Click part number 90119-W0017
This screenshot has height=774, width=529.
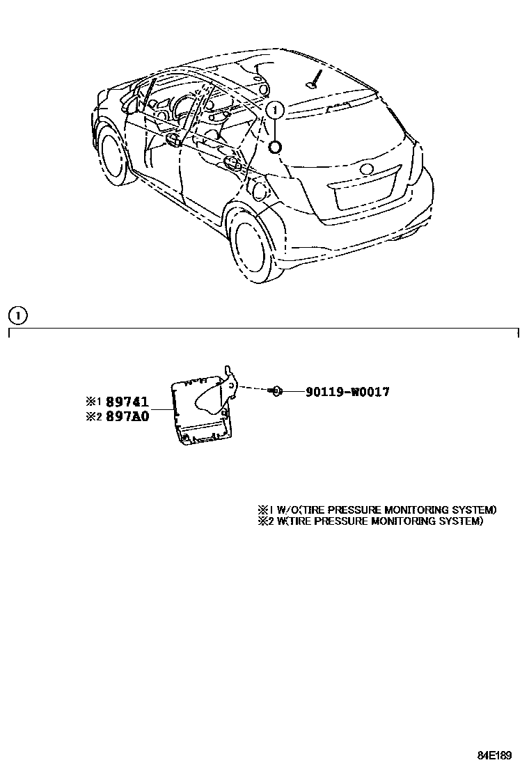347,392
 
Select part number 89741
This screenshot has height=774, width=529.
127,402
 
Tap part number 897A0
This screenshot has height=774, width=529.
127,418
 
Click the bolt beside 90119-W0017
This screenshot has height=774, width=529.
276,392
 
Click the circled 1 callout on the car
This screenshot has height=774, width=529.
276,110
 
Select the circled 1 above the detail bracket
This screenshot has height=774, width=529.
17,316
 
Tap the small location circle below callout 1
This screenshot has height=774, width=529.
276,146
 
